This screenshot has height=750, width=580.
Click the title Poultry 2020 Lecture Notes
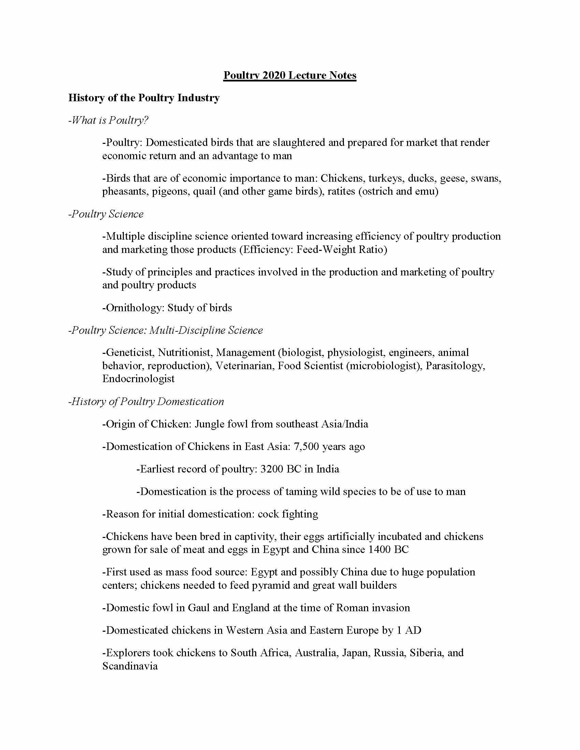tap(290, 75)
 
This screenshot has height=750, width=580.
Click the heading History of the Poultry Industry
tap(144, 98)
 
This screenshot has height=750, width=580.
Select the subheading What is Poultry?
tap(108, 120)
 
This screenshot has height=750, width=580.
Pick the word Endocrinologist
tap(139, 379)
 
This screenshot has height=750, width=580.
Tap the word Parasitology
tap(455, 366)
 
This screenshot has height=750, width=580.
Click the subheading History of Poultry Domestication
tap(146, 402)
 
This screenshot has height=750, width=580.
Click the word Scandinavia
tap(130, 666)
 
